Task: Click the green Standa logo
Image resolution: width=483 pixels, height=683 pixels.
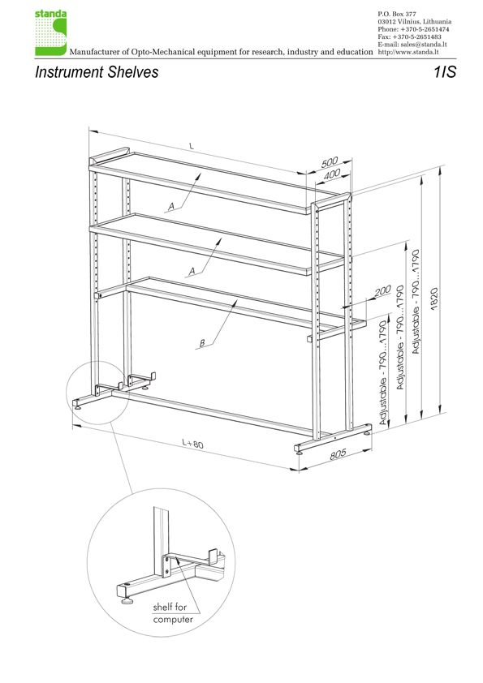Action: (x=50, y=33)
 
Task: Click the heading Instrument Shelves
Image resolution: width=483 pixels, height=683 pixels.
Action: (x=97, y=72)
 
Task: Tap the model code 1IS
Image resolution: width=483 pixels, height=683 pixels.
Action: (x=445, y=72)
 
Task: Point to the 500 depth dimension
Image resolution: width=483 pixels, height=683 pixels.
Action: (x=330, y=162)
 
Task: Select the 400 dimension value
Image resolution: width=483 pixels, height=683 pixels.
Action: (x=332, y=174)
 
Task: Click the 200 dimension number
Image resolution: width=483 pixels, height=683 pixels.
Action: (x=382, y=290)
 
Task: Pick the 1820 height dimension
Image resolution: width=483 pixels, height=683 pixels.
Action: (x=433, y=299)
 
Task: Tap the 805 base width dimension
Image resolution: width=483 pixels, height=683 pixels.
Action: (x=338, y=454)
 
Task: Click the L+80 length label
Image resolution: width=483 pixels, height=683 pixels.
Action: (x=192, y=444)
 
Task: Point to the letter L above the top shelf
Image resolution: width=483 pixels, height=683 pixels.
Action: (x=192, y=146)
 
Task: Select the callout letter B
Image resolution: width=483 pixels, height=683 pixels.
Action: (x=202, y=343)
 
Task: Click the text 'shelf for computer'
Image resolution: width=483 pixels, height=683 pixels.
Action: (x=173, y=613)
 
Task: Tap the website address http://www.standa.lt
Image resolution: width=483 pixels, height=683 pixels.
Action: (x=408, y=52)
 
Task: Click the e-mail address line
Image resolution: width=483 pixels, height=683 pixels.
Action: (x=412, y=45)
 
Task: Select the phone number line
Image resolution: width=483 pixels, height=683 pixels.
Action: (x=413, y=29)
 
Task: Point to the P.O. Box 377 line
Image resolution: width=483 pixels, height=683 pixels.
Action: (x=397, y=15)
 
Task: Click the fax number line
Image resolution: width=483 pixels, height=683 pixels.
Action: (x=409, y=37)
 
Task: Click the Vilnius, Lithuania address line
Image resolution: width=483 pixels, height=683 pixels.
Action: (x=415, y=22)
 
